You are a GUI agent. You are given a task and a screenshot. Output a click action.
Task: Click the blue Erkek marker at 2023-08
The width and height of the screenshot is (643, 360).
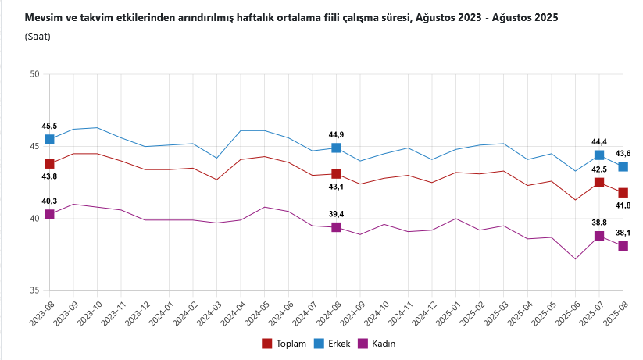pyautogui.click(x=49, y=139)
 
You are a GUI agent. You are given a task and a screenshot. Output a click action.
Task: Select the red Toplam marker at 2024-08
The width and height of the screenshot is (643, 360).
pyautogui.click(x=336, y=173)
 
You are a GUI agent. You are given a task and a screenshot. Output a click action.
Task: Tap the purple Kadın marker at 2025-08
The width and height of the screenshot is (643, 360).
pyautogui.click(x=623, y=246)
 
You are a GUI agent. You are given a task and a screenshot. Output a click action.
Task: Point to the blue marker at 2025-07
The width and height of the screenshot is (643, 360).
pyautogui.click(x=599, y=155)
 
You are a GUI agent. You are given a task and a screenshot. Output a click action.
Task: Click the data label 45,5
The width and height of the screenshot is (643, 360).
pyautogui.click(x=49, y=126)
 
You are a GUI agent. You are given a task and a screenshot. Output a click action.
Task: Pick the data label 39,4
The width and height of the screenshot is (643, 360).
pyautogui.click(x=336, y=213)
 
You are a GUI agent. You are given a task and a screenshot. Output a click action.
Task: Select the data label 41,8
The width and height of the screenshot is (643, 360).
pyautogui.click(x=623, y=205)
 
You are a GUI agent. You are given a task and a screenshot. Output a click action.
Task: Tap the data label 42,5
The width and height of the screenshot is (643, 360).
pyautogui.click(x=599, y=169)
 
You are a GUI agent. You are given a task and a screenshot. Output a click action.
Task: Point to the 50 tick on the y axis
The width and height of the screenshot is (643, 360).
pyautogui.click(x=34, y=74)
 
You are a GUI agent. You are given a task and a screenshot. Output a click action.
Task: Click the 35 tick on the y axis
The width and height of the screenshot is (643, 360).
pyautogui.click(x=34, y=290)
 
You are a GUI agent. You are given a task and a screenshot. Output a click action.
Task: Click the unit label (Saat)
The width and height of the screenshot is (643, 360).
pyautogui.click(x=38, y=36)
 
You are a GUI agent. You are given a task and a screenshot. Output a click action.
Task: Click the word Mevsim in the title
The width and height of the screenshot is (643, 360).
pyautogui.click(x=43, y=16)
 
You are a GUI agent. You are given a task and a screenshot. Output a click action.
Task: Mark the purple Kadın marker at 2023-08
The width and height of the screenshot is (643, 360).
pyautogui.click(x=49, y=214)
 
